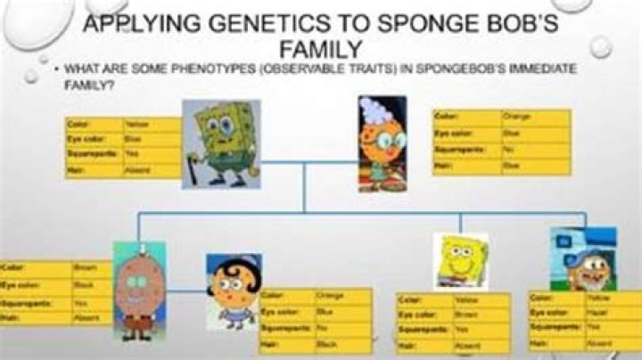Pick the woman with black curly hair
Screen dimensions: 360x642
click(234, 290)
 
